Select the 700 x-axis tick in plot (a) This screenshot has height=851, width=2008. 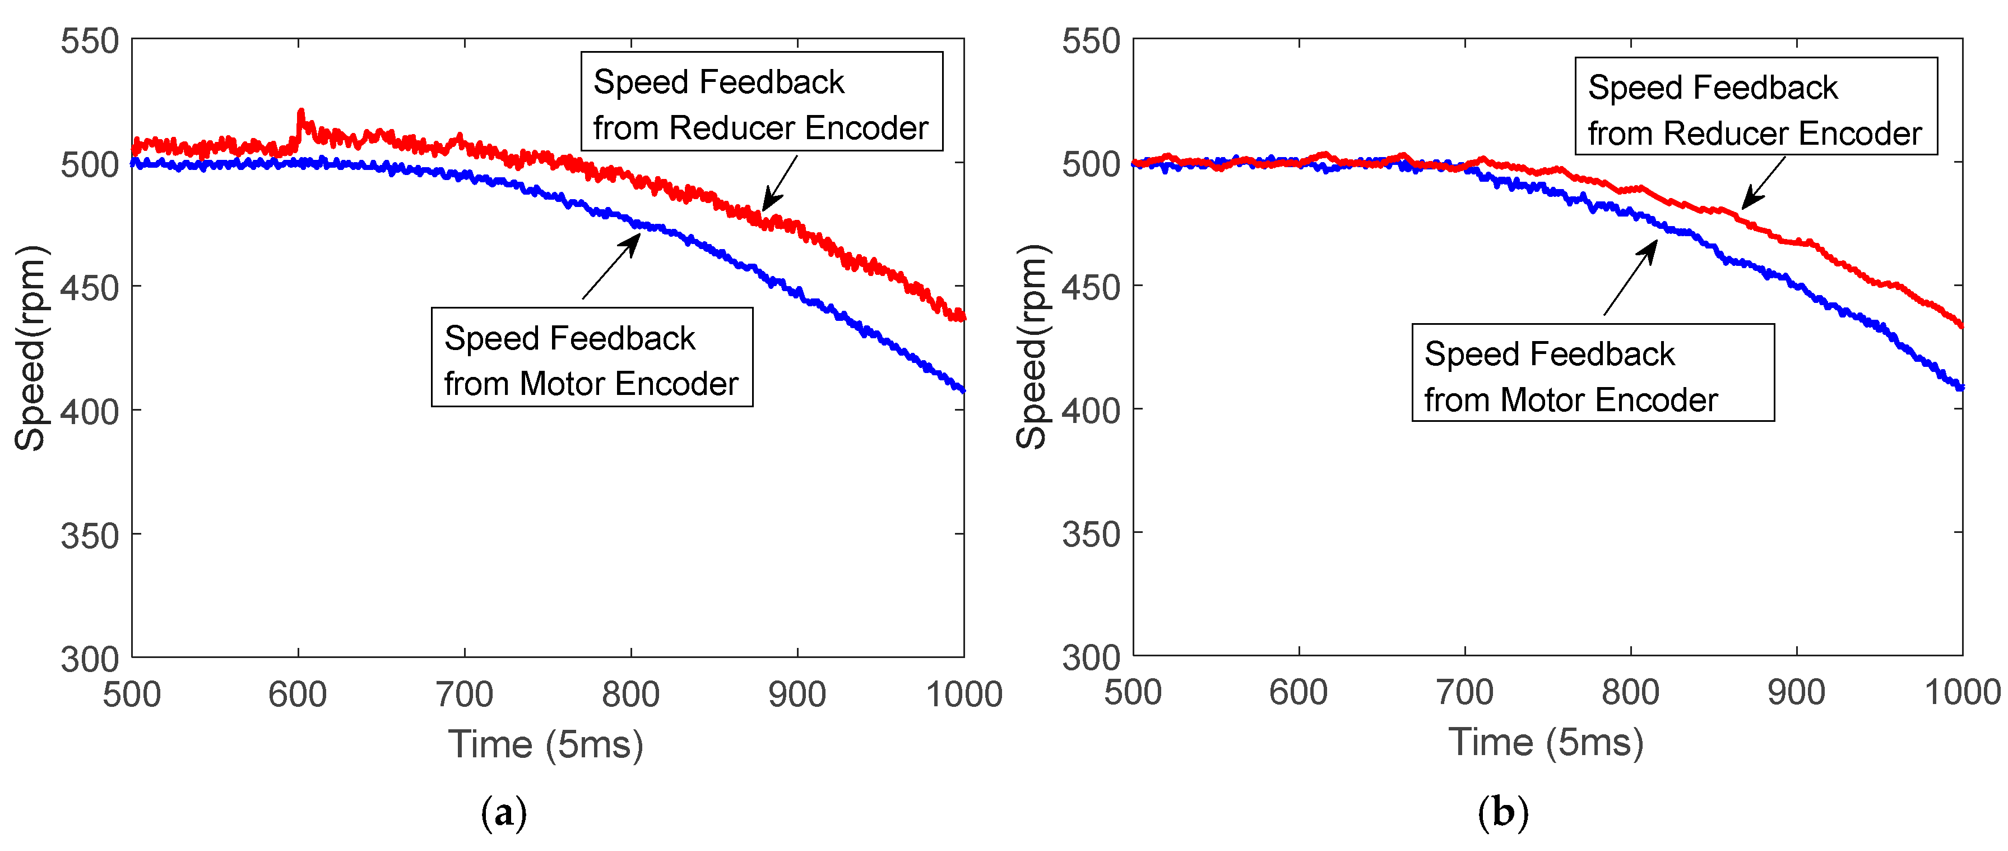[x=464, y=694]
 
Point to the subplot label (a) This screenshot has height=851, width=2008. [x=504, y=813]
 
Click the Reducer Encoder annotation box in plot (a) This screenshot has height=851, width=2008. [x=761, y=102]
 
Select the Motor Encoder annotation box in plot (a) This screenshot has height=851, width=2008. [x=592, y=357]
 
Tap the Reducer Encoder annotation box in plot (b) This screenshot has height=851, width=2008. [x=1755, y=107]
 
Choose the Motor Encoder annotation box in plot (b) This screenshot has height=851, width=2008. [x=1593, y=374]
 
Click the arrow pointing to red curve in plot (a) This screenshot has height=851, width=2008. [x=780, y=183]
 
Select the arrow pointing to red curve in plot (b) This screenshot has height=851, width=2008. [x=1763, y=183]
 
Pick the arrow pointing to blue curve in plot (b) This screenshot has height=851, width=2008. [x=1631, y=278]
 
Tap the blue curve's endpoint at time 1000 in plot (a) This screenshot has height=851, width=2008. [x=963, y=389]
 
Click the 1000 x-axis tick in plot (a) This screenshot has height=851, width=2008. [x=963, y=694]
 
